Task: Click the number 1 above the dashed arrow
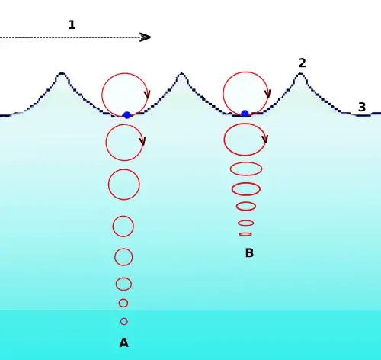point(72,25)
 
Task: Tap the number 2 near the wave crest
point(302,63)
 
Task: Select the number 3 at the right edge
point(362,108)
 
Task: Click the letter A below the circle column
point(123,343)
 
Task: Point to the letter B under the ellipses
point(249,253)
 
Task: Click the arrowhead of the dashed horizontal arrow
point(146,37)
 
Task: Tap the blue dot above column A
point(127,115)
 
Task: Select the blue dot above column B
point(245,114)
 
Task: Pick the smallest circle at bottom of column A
point(124,321)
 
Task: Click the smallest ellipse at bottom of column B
point(245,234)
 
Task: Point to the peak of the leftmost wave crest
point(62,74)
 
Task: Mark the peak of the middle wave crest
point(181,74)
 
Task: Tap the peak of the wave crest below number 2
point(301,74)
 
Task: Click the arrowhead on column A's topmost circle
point(147,95)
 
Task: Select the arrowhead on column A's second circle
point(142,142)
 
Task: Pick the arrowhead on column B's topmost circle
point(267,94)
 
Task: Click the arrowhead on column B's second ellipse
point(265,140)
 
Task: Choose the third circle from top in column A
point(124,185)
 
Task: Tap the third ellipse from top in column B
point(246,169)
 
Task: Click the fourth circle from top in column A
point(123,226)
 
